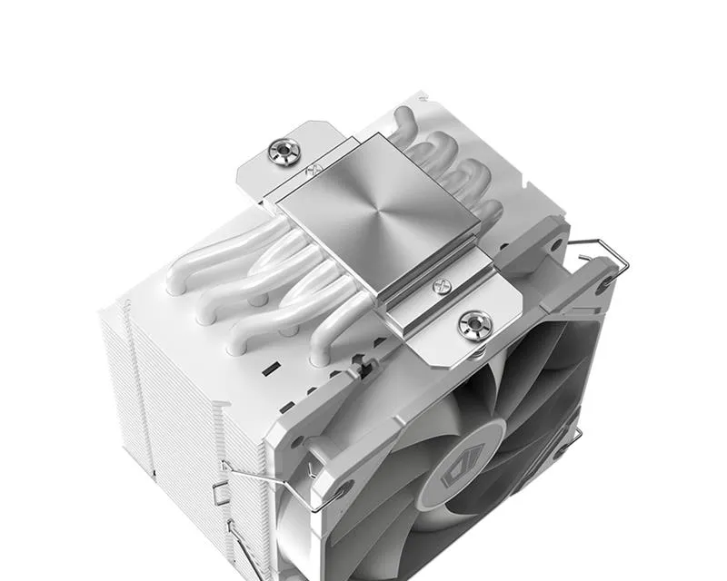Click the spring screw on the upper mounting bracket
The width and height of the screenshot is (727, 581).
285,151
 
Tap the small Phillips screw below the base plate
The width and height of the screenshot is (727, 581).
443,289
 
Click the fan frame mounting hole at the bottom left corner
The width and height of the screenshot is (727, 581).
343,491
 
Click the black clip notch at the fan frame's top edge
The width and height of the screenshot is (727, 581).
362,369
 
